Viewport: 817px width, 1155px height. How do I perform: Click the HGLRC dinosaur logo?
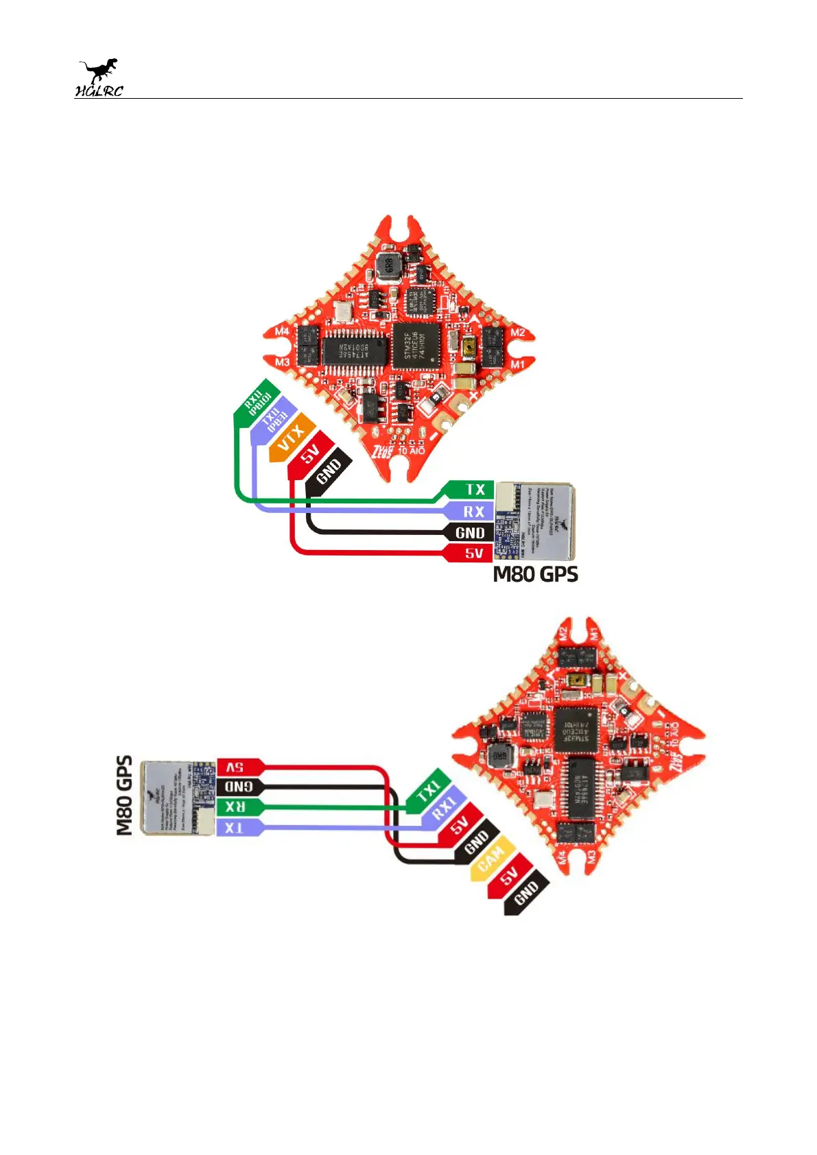click(x=99, y=78)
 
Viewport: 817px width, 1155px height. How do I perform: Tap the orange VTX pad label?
click(x=292, y=438)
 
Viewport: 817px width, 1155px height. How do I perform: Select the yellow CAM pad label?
click(x=492, y=859)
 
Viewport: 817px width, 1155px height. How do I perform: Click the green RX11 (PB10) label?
click(x=257, y=400)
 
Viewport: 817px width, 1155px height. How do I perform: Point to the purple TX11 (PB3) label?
click(x=274, y=419)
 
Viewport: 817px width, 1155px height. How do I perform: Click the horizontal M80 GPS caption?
click(x=536, y=574)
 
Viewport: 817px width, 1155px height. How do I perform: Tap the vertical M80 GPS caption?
click(x=124, y=796)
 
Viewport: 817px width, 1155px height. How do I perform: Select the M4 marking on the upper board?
click(x=282, y=331)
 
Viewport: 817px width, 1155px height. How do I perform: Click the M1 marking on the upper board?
click(x=517, y=364)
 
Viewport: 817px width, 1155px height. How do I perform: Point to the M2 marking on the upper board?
click(x=518, y=333)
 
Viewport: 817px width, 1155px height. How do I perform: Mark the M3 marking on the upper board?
click(x=282, y=361)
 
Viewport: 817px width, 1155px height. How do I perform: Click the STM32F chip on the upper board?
click(x=416, y=346)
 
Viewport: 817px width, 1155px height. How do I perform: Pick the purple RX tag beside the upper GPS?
click(x=473, y=512)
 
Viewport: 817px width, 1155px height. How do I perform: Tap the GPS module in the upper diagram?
click(x=535, y=522)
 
